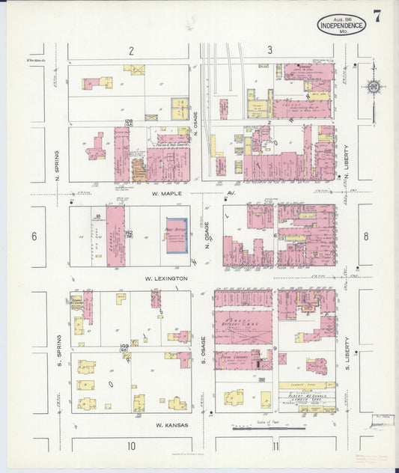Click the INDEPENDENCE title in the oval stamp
pyautogui.click(x=341, y=25)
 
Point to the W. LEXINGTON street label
pyautogui.click(x=166, y=278)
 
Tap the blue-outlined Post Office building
pyautogui.click(x=177, y=235)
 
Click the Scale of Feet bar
pyautogui.click(x=258, y=429)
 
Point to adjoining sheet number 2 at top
pyautogui.click(x=130, y=51)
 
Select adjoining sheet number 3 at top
pyautogui.click(x=269, y=51)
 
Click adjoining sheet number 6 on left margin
pyautogui.click(x=34, y=236)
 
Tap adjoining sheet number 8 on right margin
pyautogui.click(x=365, y=236)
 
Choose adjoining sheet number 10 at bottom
pyautogui.click(x=130, y=447)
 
